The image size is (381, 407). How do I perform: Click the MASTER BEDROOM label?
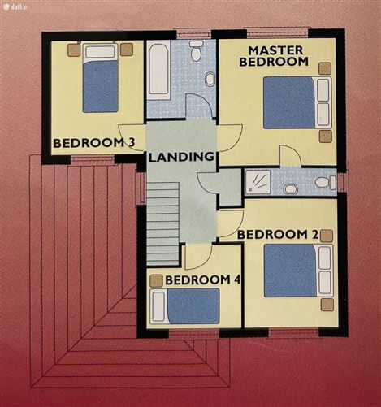[274, 56]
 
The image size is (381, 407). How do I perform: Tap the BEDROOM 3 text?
[94, 143]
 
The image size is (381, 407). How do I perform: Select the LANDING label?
[181, 157]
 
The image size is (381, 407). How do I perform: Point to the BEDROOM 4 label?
[203, 280]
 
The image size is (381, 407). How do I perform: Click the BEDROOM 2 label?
[278, 235]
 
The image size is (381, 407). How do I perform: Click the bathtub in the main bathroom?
[158, 70]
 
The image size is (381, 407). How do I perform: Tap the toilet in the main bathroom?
[196, 50]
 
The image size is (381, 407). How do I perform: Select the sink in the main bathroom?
[210, 79]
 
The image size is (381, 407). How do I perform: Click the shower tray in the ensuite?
[258, 182]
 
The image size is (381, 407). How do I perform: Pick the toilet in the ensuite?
[326, 182]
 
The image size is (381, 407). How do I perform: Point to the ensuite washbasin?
[291, 188]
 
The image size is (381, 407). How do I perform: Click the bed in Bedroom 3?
[101, 78]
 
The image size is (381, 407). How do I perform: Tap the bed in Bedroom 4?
[185, 306]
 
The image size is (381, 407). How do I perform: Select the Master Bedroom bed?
[297, 102]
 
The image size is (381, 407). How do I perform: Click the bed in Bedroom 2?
[298, 271]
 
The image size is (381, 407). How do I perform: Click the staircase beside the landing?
[163, 223]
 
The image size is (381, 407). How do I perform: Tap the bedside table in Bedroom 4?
[156, 281]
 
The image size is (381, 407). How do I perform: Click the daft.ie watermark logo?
[15, 7]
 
